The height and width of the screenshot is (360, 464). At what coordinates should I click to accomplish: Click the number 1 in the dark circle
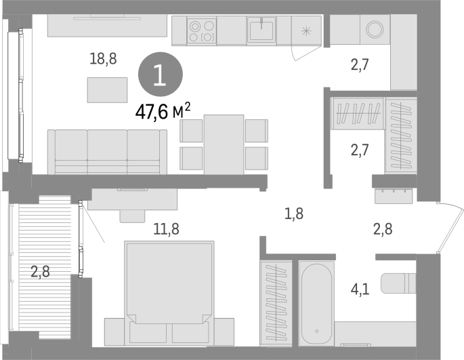tap(160, 75)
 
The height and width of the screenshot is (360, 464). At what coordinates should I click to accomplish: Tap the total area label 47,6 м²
tap(163, 111)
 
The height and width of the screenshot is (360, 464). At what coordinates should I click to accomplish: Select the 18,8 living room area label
tap(103, 59)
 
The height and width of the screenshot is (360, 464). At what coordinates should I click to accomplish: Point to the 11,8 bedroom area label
tap(166, 228)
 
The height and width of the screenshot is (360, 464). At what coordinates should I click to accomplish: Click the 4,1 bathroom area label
tap(360, 289)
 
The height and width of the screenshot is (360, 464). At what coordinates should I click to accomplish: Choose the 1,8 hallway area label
tap(294, 214)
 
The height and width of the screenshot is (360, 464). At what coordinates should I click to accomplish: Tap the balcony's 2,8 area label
tap(40, 271)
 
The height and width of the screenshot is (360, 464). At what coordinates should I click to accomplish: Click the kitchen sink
tap(261, 28)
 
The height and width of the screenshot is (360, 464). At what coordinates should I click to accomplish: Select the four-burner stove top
tap(202, 31)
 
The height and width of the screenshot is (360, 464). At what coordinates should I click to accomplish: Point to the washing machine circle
tap(375, 29)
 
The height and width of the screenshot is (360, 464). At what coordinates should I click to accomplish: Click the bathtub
tap(316, 304)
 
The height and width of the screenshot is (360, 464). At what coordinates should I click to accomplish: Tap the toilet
tap(398, 283)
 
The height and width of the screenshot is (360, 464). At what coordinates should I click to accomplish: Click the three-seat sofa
tap(107, 152)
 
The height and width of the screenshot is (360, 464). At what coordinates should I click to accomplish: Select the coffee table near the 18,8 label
tap(107, 90)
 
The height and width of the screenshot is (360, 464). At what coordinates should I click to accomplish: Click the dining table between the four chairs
tap(224, 144)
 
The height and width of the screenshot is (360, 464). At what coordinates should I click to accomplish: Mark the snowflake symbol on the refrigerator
tap(306, 31)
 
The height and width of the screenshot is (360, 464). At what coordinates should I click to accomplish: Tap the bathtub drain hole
tap(316, 331)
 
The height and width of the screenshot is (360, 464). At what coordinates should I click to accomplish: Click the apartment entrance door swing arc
tap(452, 225)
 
